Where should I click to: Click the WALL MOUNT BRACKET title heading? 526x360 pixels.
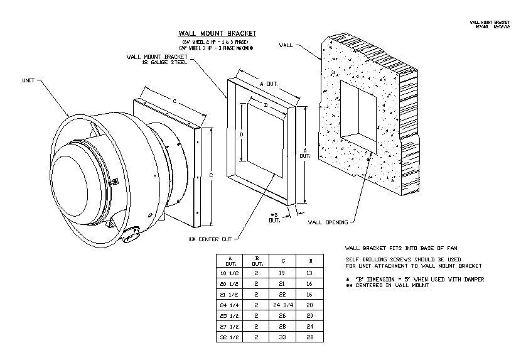[218, 33]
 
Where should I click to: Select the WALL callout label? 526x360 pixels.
[286, 45]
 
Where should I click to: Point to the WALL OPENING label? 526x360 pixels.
[328, 222]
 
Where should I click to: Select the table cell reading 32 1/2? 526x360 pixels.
[230, 338]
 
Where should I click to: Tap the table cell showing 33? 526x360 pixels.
[283, 338]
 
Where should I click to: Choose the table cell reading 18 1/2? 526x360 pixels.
[230, 274]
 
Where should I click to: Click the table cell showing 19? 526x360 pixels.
[283, 274]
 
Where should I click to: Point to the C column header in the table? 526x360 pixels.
[283, 260]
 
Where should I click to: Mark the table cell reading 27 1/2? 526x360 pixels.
[230, 326]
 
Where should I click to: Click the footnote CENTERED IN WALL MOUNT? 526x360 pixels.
[387, 285]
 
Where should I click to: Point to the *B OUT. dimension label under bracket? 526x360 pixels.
[275, 217]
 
